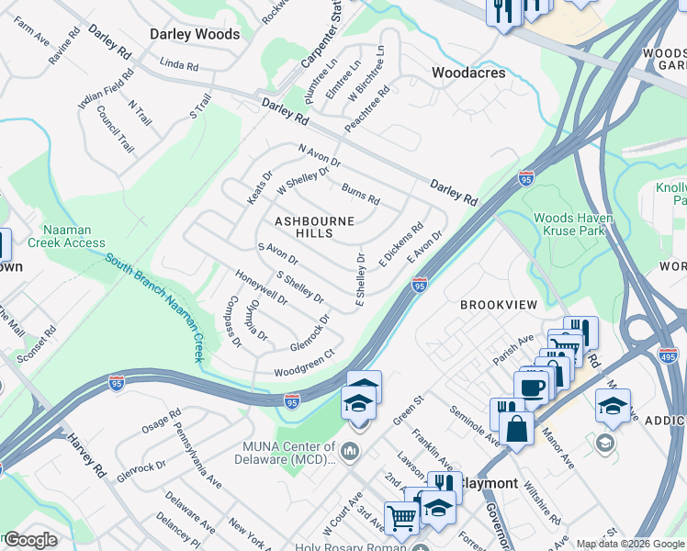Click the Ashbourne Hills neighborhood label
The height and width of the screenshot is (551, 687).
pyautogui.click(x=303, y=227)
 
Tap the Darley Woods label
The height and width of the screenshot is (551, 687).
pyautogui.click(x=195, y=35)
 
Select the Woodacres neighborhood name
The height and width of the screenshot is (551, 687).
pyautogui.click(x=468, y=72)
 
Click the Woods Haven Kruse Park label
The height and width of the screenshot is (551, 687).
pyautogui.click(x=574, y=224)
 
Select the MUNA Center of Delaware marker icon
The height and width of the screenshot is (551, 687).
pyautogui.click(x=349, y=452)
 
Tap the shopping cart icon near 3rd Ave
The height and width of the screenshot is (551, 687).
pyautogui.click(x=401, y=518)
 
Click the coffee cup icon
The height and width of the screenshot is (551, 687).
pyautogui.click(x=532, y=386)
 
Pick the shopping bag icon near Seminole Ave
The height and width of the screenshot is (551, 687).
pyautogui.click(x=517, y=429)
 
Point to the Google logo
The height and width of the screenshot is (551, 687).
pyautogui.click(x=29, y=540)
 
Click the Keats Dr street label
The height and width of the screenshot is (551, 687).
pyautogui.click(x=260, y=187)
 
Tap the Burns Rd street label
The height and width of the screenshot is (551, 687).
pyautogui.click(x=360, y=194)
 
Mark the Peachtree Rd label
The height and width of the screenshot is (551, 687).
pyautogui.click(x=367, y=108)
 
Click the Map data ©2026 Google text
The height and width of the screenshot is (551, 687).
pyautogui.click(x=629, y=545)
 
